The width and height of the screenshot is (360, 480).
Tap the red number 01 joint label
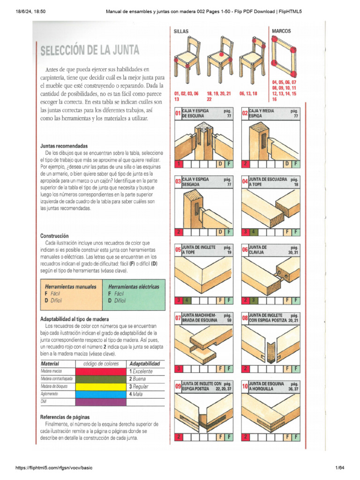pyautogui.click(x=178, y=114)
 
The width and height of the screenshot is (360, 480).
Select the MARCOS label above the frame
pyautogui.click(x=281, y=31)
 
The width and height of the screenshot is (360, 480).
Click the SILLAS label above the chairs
pyautogui.click(x=181, y=31)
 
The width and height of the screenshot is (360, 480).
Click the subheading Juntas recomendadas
pyautogui.click(x=64, y=146)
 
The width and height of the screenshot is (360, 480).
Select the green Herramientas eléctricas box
pyautogui.click(x=135, y=293)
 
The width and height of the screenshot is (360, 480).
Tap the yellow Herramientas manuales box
pyautogui.click(x=72, y=293)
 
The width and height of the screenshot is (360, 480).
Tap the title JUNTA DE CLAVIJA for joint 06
pyautogui.click(x=259, y=249)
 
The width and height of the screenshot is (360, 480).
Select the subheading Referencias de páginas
pyautogui.click(x=65, y=417)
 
